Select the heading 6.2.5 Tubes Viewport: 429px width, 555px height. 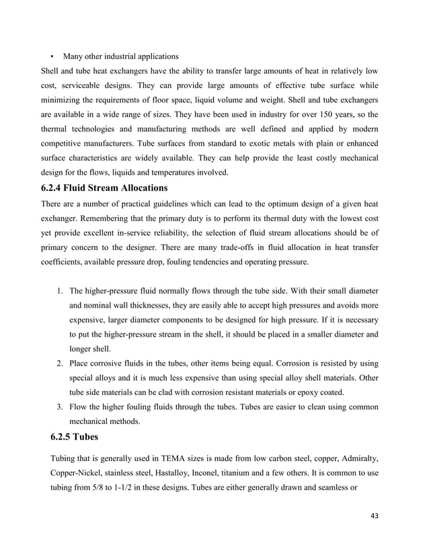[74, 437]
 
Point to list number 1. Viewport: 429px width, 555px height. [59, 291]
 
